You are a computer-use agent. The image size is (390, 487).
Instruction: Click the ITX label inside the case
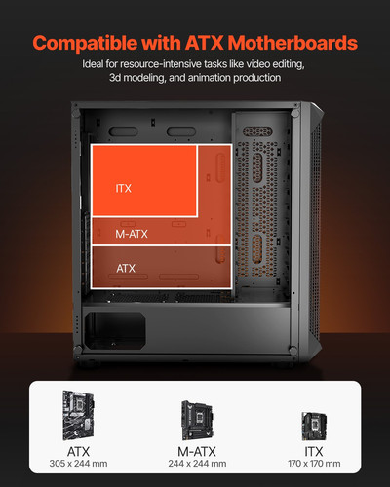click(124, 188)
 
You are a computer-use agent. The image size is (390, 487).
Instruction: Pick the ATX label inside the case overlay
click(126, 267)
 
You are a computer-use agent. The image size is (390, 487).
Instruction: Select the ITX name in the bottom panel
click(311, 452)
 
